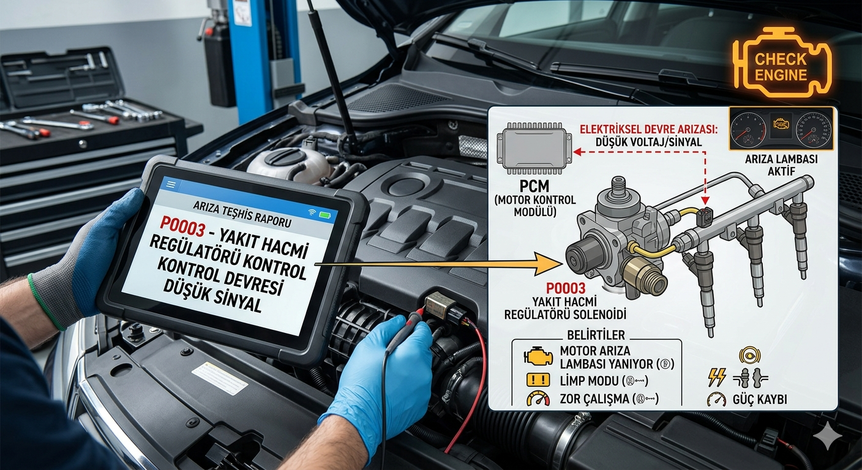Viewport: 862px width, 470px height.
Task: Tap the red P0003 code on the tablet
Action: click(182, 227)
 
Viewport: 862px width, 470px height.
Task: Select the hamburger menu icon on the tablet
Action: click(171, 185)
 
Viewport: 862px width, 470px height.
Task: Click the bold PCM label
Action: click(534, 187)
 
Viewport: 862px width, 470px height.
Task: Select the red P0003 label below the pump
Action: click(566, 288)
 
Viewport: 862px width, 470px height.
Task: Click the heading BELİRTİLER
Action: click(596, 335)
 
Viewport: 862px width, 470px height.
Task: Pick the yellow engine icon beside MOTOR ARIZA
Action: click(538, 357)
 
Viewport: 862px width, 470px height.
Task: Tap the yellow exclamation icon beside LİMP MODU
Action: click(538, 381)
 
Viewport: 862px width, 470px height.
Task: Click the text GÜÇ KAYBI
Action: click(760, 400)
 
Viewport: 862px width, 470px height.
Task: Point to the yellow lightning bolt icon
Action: click(717, 378)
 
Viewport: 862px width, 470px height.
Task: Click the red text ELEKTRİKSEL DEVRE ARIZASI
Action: click(649, 129)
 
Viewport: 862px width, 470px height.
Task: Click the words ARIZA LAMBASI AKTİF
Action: click(781, 165)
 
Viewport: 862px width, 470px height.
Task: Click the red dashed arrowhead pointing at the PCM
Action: click(577, 152)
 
